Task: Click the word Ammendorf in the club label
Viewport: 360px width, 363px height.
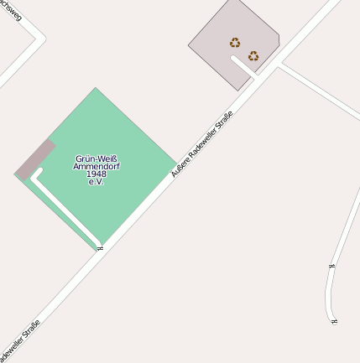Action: [x=96, y=166]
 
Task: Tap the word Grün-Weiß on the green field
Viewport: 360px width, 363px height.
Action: [x=96, y=158]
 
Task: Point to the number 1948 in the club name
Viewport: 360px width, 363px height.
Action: [x=96, y=174]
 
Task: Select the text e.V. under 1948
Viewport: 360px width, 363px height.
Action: [x=96, y=181]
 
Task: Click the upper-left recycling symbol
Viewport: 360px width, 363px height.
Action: [x=235, y=42]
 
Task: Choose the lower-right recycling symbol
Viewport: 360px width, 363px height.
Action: [x=253, y=56]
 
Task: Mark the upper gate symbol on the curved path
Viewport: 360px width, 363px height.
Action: [x=331, y=266]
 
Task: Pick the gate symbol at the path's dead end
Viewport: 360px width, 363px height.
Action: [x=334, y=321]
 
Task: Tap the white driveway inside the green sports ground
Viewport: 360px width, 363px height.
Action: [x=67, y=210]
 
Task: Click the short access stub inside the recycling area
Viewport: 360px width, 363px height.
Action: [x=243, y=64]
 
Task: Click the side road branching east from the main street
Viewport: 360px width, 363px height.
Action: [x=319, y=88]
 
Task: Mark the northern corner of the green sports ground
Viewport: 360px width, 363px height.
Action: [x=95, y=89]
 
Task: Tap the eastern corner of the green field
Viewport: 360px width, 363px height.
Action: [x=176, y=161]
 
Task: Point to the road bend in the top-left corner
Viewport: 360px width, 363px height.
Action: [x=40, y=38]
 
